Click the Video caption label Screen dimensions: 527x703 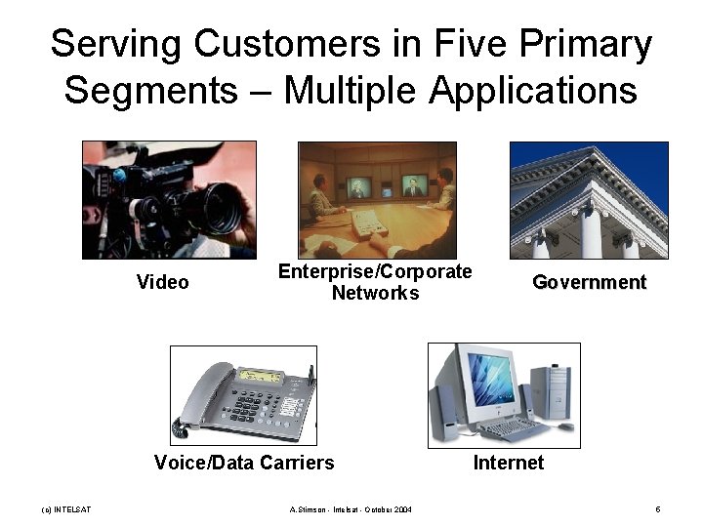(x=163, y=283)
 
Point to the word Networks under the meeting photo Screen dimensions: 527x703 (x=375, y=293)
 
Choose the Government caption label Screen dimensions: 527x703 (x=589, y=283)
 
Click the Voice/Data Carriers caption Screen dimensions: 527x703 (x=244, y=463)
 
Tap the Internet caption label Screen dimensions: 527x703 (x=509, y=463)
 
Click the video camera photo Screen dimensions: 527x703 (x=169, y=199)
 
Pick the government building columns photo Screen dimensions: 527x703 (x=589, y=199)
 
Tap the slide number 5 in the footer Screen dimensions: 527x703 (x=658, y=509)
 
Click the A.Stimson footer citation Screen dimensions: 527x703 (x=351, y=509)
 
